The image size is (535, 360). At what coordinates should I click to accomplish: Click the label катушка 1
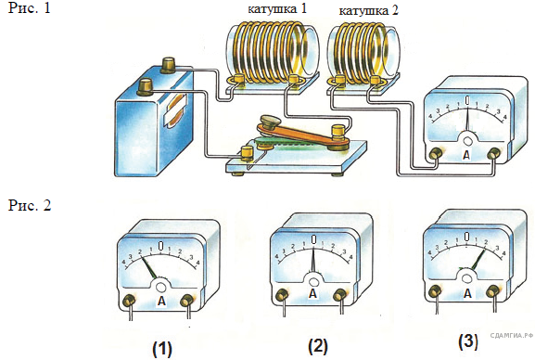click(x=277, y=9)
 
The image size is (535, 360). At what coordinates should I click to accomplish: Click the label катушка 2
click(x=368, y=10)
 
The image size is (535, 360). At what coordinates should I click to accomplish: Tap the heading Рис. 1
click(x=30, y=8)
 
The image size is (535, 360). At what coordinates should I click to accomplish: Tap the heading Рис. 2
click(x=30, y=205)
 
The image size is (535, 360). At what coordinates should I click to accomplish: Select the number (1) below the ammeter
click(x=162, y=348)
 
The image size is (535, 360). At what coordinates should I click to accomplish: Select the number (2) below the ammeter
click(x=318, y=346)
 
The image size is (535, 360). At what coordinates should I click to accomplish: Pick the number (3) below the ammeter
click(x=468, y=341)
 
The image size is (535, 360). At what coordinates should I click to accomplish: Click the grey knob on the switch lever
click(x=269, y=122)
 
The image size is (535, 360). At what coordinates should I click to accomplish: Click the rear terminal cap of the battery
click(x=168, y=65)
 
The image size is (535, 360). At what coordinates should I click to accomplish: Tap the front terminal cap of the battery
click(x=146, y=86)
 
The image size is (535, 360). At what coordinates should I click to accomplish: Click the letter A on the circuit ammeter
click(x=466, y=155)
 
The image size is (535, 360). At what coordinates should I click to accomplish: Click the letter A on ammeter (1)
click(x=161, y=301)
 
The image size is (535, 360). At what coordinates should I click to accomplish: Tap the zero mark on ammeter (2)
click(x=313, y=238)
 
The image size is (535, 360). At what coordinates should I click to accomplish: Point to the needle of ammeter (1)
click(x=149, y=268)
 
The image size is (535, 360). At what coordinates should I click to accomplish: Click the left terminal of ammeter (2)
click(x=282, y=294)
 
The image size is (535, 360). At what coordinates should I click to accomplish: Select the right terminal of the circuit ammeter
click(x=493, y=154)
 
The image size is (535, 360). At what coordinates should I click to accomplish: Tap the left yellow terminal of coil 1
click(x=237, y=81)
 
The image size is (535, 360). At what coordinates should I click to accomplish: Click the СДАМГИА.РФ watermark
click(x=512, y=335)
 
